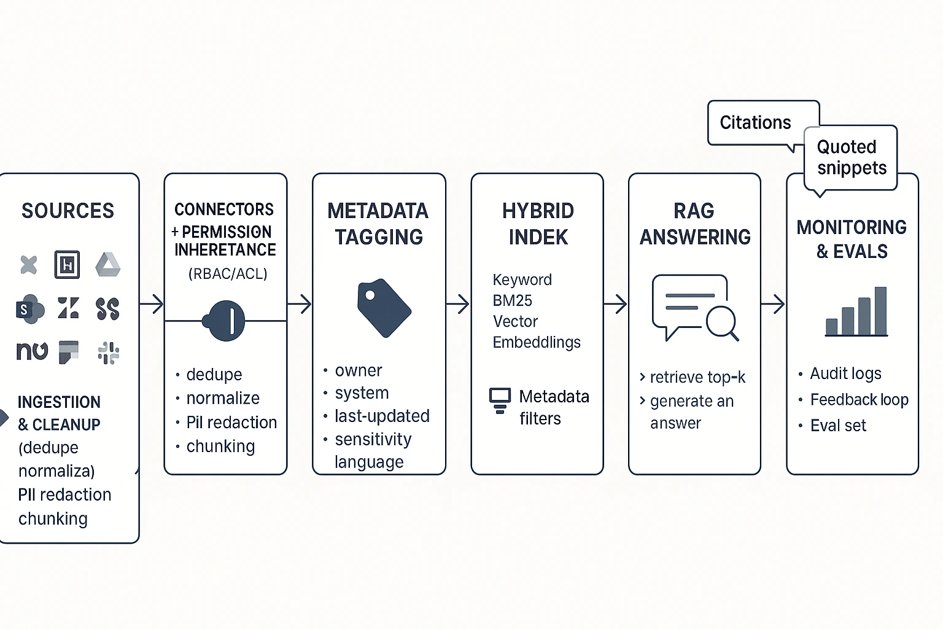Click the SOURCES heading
click(68, 211)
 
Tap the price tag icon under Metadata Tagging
click(383, 308)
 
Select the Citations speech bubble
click(756, 123)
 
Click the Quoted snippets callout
click(851, 157)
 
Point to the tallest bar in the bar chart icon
click(880, 311)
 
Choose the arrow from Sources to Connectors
click(152, 304)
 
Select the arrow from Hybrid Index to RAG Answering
click(616, 304)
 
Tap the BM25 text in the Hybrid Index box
click(512, 300)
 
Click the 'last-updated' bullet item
click(381, 416)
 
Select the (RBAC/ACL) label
click(228, 274)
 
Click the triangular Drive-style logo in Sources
click(108, 265)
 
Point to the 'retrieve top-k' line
click(697, 377)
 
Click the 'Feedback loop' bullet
click(858, 400)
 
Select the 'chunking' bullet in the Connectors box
click(220, 447)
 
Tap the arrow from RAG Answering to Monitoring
click(774, 304)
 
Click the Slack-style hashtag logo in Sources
click(109, 353)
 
